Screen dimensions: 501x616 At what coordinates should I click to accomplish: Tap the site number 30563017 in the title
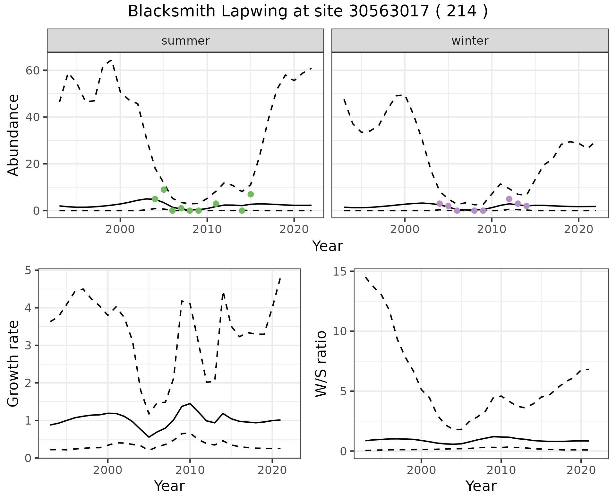(389, 12)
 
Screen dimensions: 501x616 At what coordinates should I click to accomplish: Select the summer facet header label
(185, 41)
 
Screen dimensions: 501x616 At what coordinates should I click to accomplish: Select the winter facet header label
(470, 41)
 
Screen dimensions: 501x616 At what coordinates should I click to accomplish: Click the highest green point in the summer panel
(164, 189)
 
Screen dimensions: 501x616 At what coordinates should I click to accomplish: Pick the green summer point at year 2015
(251, 194)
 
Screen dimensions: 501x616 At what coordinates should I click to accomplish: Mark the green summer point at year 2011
(216, 204)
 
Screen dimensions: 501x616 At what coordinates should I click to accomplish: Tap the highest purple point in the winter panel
(509, 199)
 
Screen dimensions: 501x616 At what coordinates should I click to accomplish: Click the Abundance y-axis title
(13, 135)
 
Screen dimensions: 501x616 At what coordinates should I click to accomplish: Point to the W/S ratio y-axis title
(321, 364)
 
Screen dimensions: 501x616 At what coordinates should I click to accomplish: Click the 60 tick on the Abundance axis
(32, 70)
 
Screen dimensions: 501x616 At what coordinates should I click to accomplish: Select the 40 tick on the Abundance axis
(32, 117)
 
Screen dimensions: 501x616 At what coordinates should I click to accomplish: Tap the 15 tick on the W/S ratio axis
(341, 272)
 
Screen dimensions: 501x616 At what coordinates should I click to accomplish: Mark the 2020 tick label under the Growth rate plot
(272, 470)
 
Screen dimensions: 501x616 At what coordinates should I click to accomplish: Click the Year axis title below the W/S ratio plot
(481, 486)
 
